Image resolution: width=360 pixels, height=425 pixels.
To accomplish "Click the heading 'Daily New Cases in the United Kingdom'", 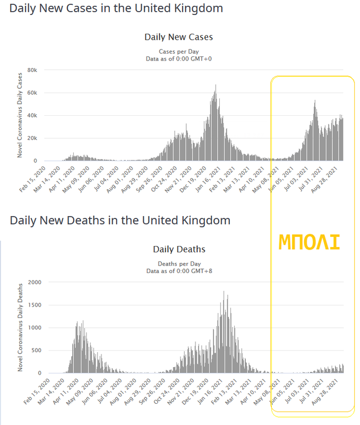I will [116, 8].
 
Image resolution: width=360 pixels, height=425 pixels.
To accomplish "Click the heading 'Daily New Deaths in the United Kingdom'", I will [120, 220].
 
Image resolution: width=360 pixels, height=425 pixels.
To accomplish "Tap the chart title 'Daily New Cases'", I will [178, 37].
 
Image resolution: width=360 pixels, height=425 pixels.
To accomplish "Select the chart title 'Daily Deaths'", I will [179, 249].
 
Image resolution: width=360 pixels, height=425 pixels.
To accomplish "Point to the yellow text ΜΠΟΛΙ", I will [310, 242].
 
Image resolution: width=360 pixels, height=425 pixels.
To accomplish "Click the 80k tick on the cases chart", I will [32, 70].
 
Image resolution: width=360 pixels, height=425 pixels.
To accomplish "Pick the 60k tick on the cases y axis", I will [32, 93].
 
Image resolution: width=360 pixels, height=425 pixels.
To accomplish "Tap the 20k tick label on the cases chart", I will [32, 138].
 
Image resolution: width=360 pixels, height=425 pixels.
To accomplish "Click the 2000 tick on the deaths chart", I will [33, 282].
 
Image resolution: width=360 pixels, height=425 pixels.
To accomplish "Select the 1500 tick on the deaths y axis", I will [33, 305].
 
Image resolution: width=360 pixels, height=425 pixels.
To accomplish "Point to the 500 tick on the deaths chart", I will [35, 350].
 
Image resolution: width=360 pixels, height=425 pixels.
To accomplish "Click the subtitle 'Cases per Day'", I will [179, 52].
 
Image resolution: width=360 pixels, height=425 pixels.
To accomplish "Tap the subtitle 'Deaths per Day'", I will [179, 263].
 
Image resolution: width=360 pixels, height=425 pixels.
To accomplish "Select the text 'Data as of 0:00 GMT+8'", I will [179, 271].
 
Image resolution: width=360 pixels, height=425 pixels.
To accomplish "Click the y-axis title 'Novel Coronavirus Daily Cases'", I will [20, 116].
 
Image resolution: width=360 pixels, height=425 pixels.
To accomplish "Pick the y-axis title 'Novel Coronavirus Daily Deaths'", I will [20, 327].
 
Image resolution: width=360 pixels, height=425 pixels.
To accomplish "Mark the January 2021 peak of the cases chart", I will [216, 86].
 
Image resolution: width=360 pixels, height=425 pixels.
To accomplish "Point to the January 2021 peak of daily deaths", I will [224, 292].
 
